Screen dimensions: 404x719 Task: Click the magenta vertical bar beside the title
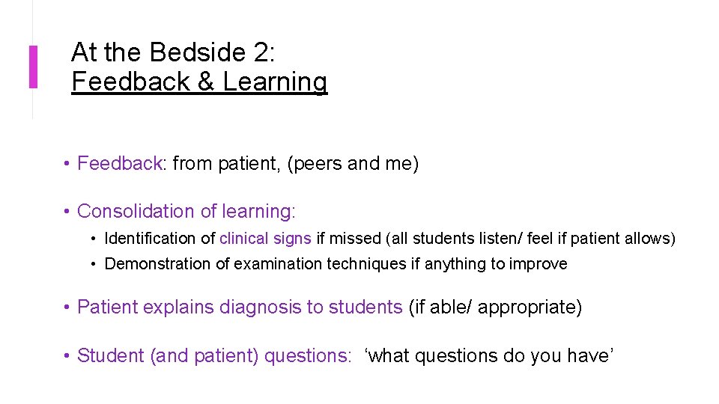point(33,67)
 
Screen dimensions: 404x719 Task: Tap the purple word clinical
point(243,239)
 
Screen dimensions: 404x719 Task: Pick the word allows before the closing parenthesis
point(649,239)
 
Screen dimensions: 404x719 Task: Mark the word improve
point(539,263)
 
